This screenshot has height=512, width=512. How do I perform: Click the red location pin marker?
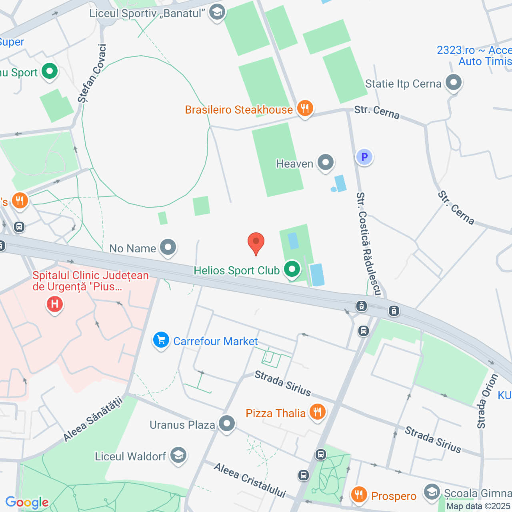[256, 242]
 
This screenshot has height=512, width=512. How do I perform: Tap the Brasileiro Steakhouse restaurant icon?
[305, 108]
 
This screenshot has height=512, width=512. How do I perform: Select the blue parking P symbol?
[364, 157]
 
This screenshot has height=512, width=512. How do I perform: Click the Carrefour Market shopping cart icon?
[161, 340]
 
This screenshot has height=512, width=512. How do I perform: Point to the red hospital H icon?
[55, 304]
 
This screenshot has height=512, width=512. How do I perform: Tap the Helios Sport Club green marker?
[292, 269]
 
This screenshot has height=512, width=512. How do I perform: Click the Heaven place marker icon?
[326, 163]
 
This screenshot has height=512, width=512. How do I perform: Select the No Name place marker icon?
[168, 248]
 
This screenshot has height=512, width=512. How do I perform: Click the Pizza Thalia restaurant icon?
[317, 412]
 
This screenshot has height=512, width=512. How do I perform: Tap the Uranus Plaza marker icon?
[227, 424]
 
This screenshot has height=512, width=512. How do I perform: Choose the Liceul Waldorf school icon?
[178, 455]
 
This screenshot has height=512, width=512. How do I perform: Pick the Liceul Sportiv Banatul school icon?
[217, 12]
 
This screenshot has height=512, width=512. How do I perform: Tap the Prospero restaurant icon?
[359, 495]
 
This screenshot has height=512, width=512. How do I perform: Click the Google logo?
[27, 502]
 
